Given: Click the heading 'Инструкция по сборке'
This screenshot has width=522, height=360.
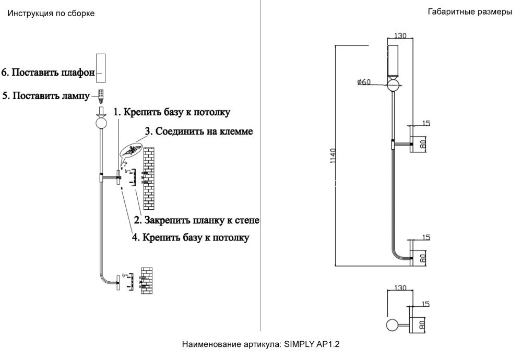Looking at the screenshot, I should [50, 14].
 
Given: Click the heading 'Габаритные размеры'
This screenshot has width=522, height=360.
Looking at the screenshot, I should [469, 12].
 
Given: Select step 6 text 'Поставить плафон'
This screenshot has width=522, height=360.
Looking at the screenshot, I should [48, 73].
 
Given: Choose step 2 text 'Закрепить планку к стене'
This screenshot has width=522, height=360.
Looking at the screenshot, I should [197, 220].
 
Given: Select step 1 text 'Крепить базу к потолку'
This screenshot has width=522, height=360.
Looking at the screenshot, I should [172, 112].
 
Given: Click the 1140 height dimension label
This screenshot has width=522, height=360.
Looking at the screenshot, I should [334, 157].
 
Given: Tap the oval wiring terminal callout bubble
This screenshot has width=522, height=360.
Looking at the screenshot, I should [130, 151].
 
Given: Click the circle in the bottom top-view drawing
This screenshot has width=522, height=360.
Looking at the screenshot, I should [391, 326].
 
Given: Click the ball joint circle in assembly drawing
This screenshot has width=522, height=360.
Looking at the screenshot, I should [101, 124].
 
